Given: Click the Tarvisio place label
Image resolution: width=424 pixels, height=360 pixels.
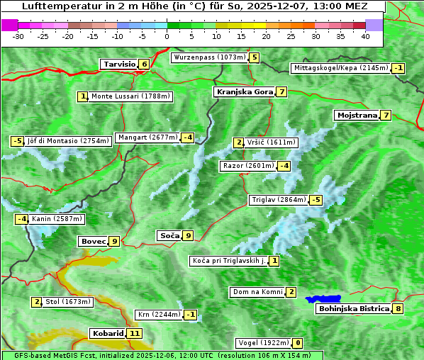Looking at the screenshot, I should pos(119,64).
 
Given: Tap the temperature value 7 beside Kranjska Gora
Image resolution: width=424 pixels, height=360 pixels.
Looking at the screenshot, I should pos(281,91).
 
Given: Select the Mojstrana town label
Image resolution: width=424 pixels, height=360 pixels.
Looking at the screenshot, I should pos(357,115).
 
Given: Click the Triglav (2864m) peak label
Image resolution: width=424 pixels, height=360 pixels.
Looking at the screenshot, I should pos(279,200).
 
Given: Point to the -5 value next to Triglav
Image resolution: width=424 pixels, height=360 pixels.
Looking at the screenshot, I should pos(316,200).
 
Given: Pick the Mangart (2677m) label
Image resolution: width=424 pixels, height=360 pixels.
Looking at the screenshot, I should pos(147,137).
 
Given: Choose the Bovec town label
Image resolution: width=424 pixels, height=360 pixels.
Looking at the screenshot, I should pos(93,241).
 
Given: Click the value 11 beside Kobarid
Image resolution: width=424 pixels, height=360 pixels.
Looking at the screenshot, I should pos(135,333).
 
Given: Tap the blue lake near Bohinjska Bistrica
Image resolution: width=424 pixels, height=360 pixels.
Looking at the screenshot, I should pos(324,299).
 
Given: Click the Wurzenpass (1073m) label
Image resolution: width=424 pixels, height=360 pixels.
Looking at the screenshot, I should pos(209,57).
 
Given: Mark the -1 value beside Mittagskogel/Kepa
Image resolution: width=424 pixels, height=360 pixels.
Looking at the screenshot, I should pos(398,68).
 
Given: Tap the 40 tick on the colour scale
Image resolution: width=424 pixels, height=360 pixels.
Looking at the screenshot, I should pos(365,35).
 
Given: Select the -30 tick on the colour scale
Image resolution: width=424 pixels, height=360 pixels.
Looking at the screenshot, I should pos(18,35).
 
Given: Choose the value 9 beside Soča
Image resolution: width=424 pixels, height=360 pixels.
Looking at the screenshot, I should pos(187,235).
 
